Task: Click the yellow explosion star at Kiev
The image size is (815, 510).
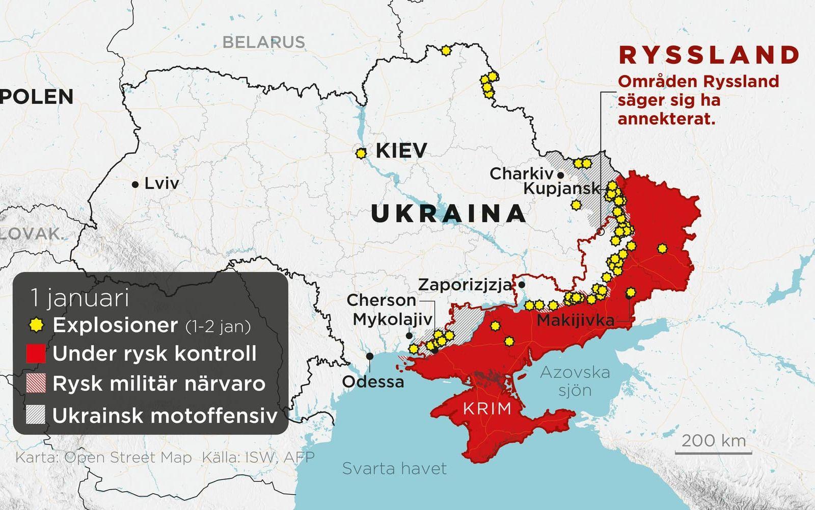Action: point(361,152)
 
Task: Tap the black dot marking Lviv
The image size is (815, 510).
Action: point(135,185)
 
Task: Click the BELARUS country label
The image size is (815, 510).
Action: point(263,42)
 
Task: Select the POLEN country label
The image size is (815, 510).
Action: point(37,97)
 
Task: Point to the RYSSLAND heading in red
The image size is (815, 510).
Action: point(709,55)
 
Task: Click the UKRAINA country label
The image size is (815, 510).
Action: point(448,213)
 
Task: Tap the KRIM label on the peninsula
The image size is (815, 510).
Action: point(487,408)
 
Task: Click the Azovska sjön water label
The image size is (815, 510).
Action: point(575,381)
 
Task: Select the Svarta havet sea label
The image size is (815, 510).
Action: point(394,468)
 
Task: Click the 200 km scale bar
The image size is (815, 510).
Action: point(713,451)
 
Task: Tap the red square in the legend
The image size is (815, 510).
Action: point(36,354)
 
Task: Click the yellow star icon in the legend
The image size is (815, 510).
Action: point(36,325)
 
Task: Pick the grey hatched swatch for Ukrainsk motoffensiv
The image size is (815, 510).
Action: point(36,415)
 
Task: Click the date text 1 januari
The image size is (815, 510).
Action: point(79,298)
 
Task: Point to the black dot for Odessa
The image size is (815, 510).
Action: point(369,355)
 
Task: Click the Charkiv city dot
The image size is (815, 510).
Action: point(560,175)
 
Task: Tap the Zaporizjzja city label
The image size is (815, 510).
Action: point(465,285)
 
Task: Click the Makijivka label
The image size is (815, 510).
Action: point(575,321)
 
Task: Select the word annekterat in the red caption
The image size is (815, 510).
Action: point(666,119)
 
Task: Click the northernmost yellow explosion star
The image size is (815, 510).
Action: point(446,50)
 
